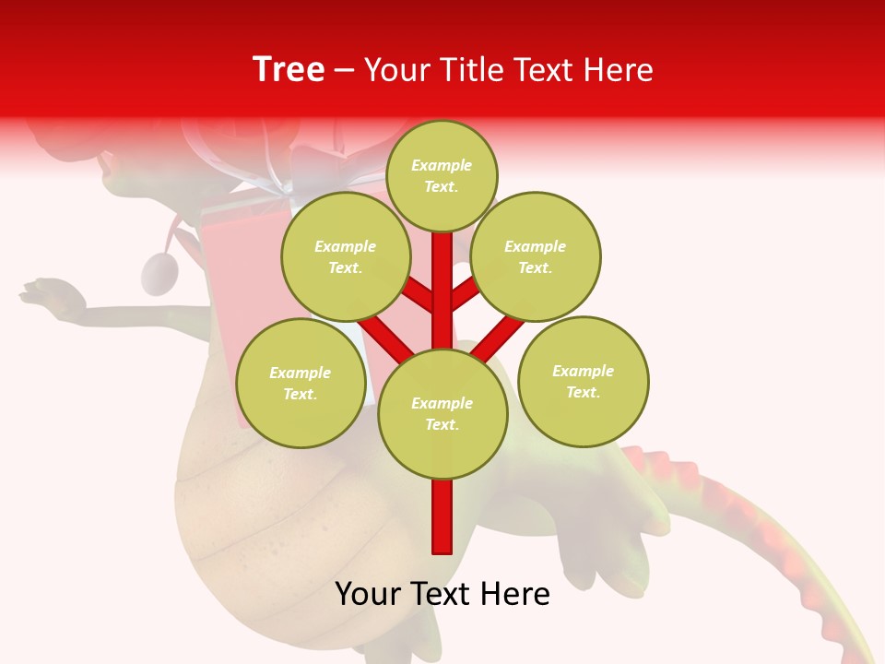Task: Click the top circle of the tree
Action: (442, 175)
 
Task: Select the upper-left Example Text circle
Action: (345, 256)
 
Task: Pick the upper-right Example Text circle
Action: (535, 256)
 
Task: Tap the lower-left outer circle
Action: (300, 383)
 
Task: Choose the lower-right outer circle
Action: (583, 381)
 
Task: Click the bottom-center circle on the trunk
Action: (442, 413)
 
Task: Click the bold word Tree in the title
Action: (289, 69)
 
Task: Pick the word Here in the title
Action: (620, 70)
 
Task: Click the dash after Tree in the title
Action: (344, 70)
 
